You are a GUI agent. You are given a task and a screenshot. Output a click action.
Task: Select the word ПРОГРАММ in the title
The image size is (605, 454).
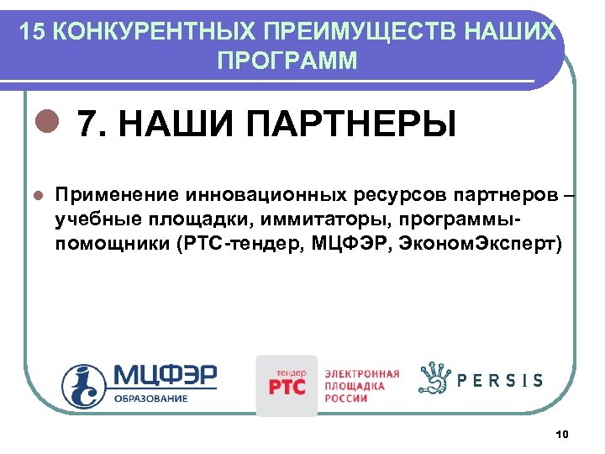click(x=287, y=61)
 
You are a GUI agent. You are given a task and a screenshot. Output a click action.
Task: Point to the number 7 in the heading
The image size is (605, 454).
click(x=87, y=125)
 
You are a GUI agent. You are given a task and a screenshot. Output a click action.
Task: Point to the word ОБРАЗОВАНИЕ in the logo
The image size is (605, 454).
click(x=151, y=398)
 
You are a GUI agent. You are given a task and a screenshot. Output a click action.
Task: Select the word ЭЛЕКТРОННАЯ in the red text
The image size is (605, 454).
click(x=362, y=372)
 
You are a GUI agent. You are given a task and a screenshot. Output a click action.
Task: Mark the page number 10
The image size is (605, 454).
click(x=563, y=434)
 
